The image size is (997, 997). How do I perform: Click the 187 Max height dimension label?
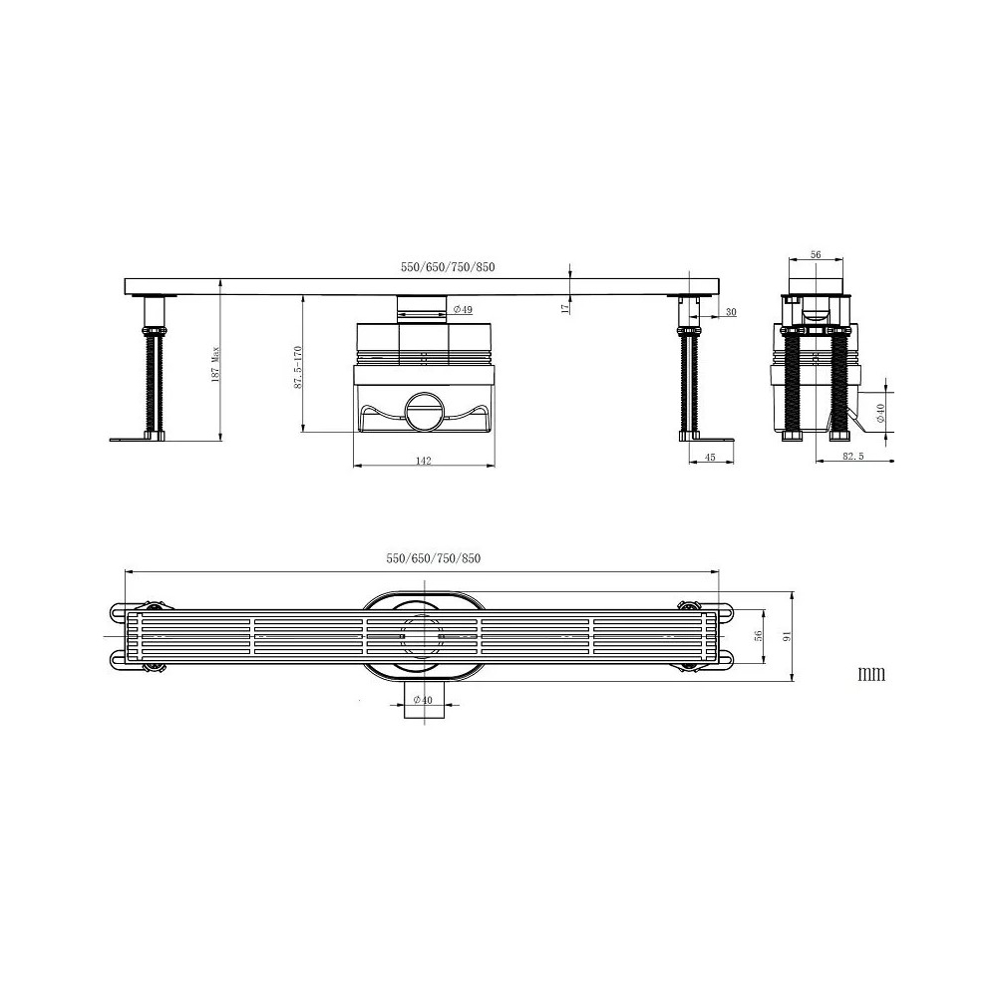pyautogui.click(x=215, y=363)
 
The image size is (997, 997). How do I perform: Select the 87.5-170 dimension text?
pyautogui.click(x=298, y=368)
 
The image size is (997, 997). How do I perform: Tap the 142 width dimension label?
pyautogui.click(x=424, y=461)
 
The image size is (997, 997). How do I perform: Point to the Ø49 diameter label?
pyautogui.click(x=463, y=310)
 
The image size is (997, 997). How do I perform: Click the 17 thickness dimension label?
pyautogui.click(x=565, y=308)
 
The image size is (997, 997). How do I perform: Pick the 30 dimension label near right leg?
pyautogui.click(x=731, y=312)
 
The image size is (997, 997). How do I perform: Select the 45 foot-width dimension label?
pyautogui.click(x=710, y=458)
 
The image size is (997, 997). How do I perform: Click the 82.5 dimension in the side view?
pyautogui.click(x=852, y=457)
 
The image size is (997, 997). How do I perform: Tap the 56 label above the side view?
pyautogui.click(x=816, y=255)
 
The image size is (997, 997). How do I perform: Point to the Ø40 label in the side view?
pyautogui.click(x=880, y=414)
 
